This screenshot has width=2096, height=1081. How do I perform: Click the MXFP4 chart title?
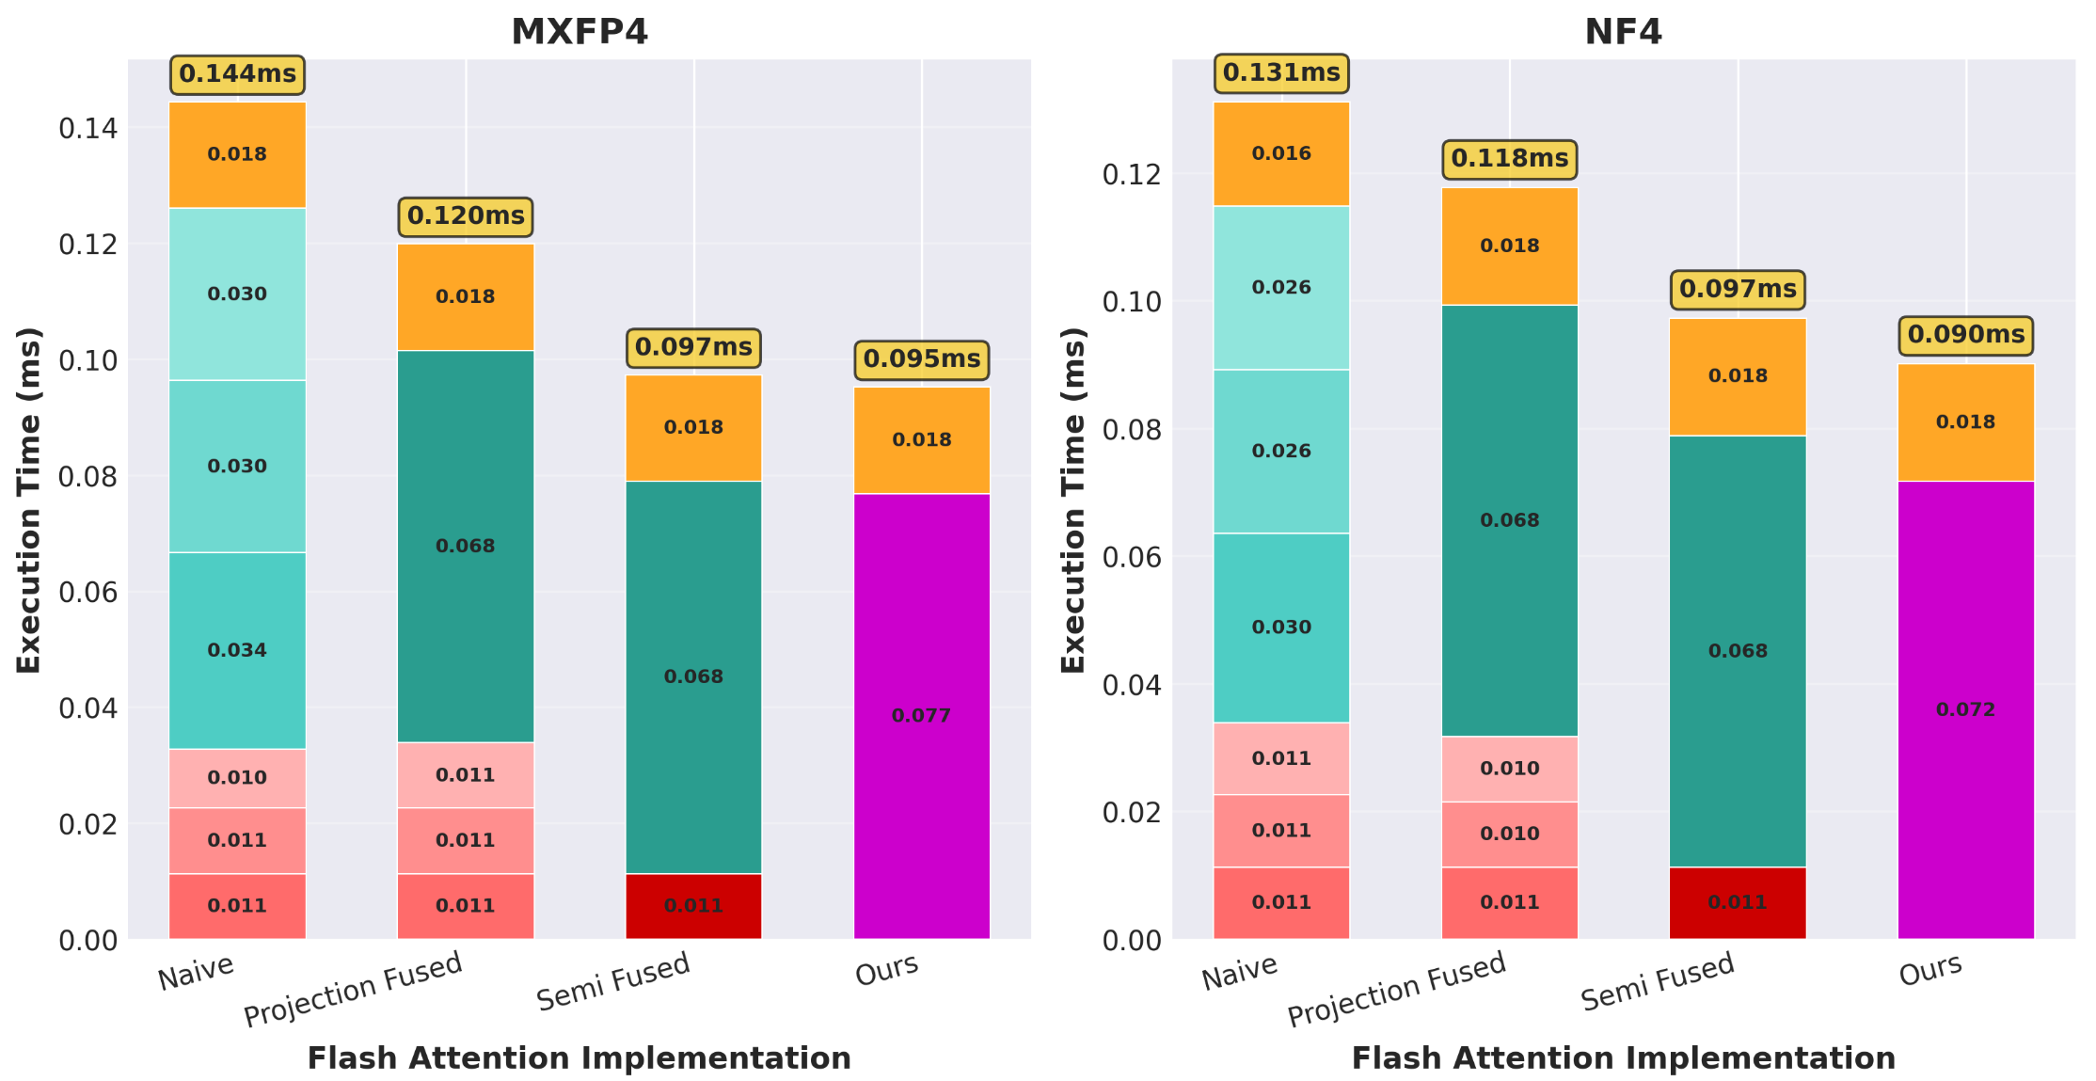pos(579,32)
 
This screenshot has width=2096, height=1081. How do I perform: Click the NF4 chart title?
pos(1623,32)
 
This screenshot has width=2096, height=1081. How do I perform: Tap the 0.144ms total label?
pos(237,74)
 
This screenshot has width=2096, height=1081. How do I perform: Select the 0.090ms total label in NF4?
pos(1965,335)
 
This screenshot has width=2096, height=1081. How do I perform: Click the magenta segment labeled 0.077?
pos(921,715)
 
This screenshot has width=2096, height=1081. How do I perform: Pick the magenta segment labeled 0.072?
pos(1965,709)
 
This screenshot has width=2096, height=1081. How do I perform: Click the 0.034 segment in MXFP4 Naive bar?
pos(237,650)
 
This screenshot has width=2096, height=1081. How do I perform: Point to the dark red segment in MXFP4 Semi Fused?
pos(693,905)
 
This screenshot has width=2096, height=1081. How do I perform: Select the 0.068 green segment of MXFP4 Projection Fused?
pos(465,546)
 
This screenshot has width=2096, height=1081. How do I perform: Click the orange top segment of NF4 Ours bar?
pos(1965,421)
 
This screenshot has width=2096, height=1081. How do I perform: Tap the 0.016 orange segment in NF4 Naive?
pos(1280,153)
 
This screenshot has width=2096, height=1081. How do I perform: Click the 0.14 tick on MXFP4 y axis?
pos(88,128)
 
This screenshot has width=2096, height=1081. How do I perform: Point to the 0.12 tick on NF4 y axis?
pos(1132,174)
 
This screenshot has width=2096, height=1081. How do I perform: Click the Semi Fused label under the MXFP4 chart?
pos(613,981)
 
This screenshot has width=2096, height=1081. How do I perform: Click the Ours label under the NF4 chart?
pos(1930,969)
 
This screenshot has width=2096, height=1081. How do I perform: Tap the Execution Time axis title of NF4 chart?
pos(1073,500)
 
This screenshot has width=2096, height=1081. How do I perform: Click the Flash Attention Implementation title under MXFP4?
pos(579,1058)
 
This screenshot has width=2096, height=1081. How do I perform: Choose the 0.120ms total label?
pos(466,216)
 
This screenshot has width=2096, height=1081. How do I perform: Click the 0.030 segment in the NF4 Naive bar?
pos(1280,628)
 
